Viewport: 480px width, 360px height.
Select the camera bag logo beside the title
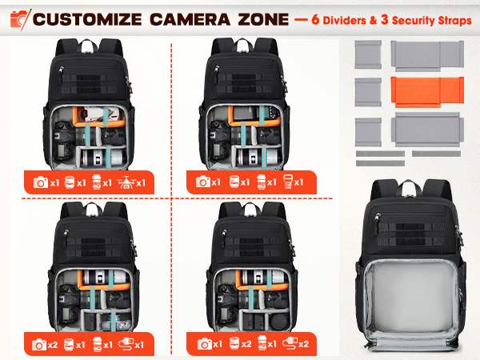(17, 18)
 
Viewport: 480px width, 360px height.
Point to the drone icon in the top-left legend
(126, 182)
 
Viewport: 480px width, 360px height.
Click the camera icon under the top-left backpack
(40, 182)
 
